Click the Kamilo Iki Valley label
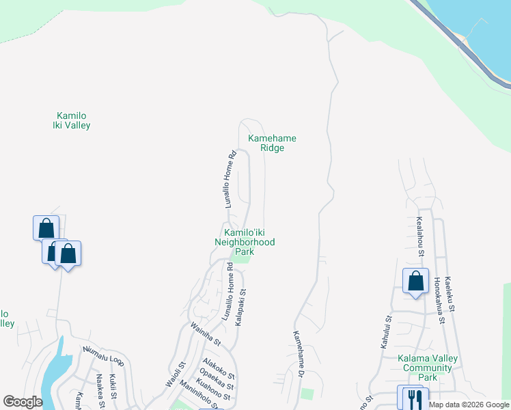pos(72,120)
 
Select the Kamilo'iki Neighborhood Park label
pos(245,242)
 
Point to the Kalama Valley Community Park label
pos(428,368)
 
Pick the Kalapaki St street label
pos(240,307)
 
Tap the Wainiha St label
pos(206,333)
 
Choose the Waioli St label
pos(176,374)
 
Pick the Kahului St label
pos(387,332)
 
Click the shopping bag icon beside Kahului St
pos(415,281)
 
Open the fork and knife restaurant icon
pos(415,398)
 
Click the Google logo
pos(23,402)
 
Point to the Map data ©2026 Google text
pos(469,405)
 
